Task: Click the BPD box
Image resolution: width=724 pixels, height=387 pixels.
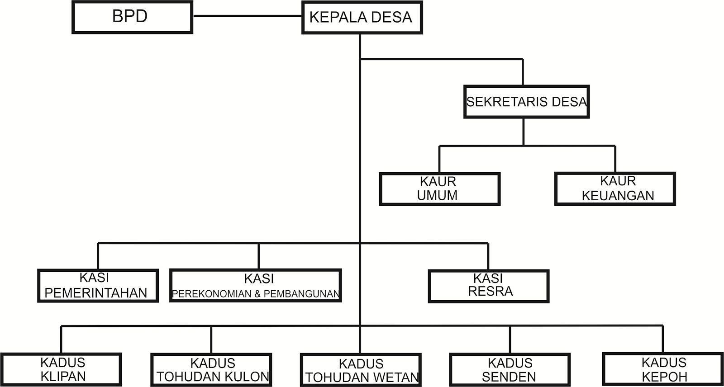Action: click(132, 17)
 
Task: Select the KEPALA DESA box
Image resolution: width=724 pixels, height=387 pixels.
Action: click(362, 17)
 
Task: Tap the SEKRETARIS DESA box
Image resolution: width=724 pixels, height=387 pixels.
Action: click(526, 102)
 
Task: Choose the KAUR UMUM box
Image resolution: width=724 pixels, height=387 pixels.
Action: click(439, 189)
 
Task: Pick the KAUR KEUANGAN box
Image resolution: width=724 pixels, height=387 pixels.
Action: click(615, 189)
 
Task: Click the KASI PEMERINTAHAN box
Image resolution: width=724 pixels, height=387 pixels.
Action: click(98, 286)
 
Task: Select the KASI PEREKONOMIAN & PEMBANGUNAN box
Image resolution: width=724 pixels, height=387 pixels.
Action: click(256, 286)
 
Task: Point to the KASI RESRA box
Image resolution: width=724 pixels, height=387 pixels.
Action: click(488, 286)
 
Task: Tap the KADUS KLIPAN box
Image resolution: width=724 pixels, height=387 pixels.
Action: click(61, 369)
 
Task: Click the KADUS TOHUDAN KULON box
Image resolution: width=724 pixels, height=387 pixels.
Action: click(211, 370)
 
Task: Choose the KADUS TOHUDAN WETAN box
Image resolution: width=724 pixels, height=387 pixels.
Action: click(361, 370)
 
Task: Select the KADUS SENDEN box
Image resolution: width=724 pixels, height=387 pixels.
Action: click(510, 370)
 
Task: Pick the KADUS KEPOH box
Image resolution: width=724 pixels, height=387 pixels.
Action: click(663, 369)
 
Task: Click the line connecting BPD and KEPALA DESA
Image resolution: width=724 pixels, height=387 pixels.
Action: click(247, 16)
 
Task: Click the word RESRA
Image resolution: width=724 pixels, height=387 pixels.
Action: click(491, 292)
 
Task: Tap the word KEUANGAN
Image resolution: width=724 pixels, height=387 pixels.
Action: click(618, 196)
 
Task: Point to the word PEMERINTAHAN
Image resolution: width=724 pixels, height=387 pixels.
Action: click(96, 293)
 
